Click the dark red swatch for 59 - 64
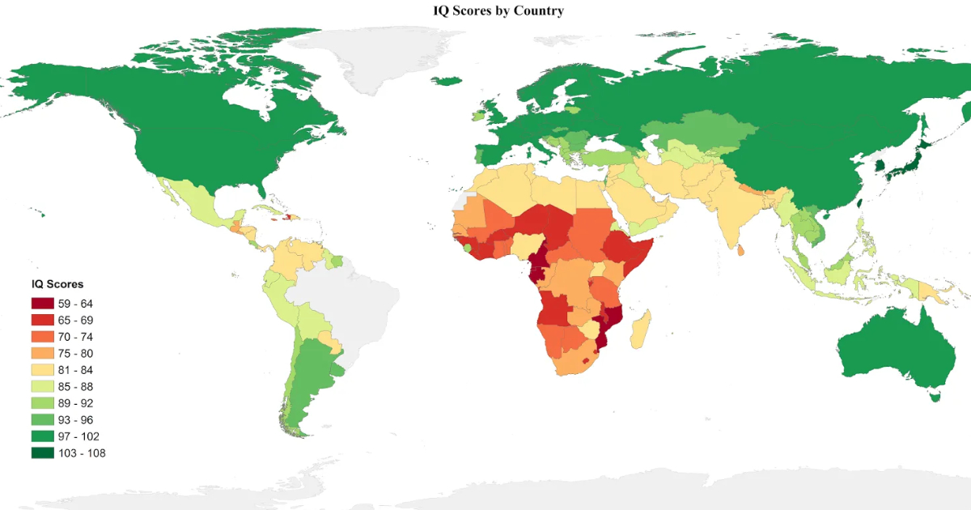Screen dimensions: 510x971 (x=42, y=304)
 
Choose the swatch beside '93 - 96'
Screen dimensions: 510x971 (x=42, y=420)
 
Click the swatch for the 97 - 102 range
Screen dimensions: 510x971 (x=42, y=436)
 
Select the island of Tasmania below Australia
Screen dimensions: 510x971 (x=936, y=396)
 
